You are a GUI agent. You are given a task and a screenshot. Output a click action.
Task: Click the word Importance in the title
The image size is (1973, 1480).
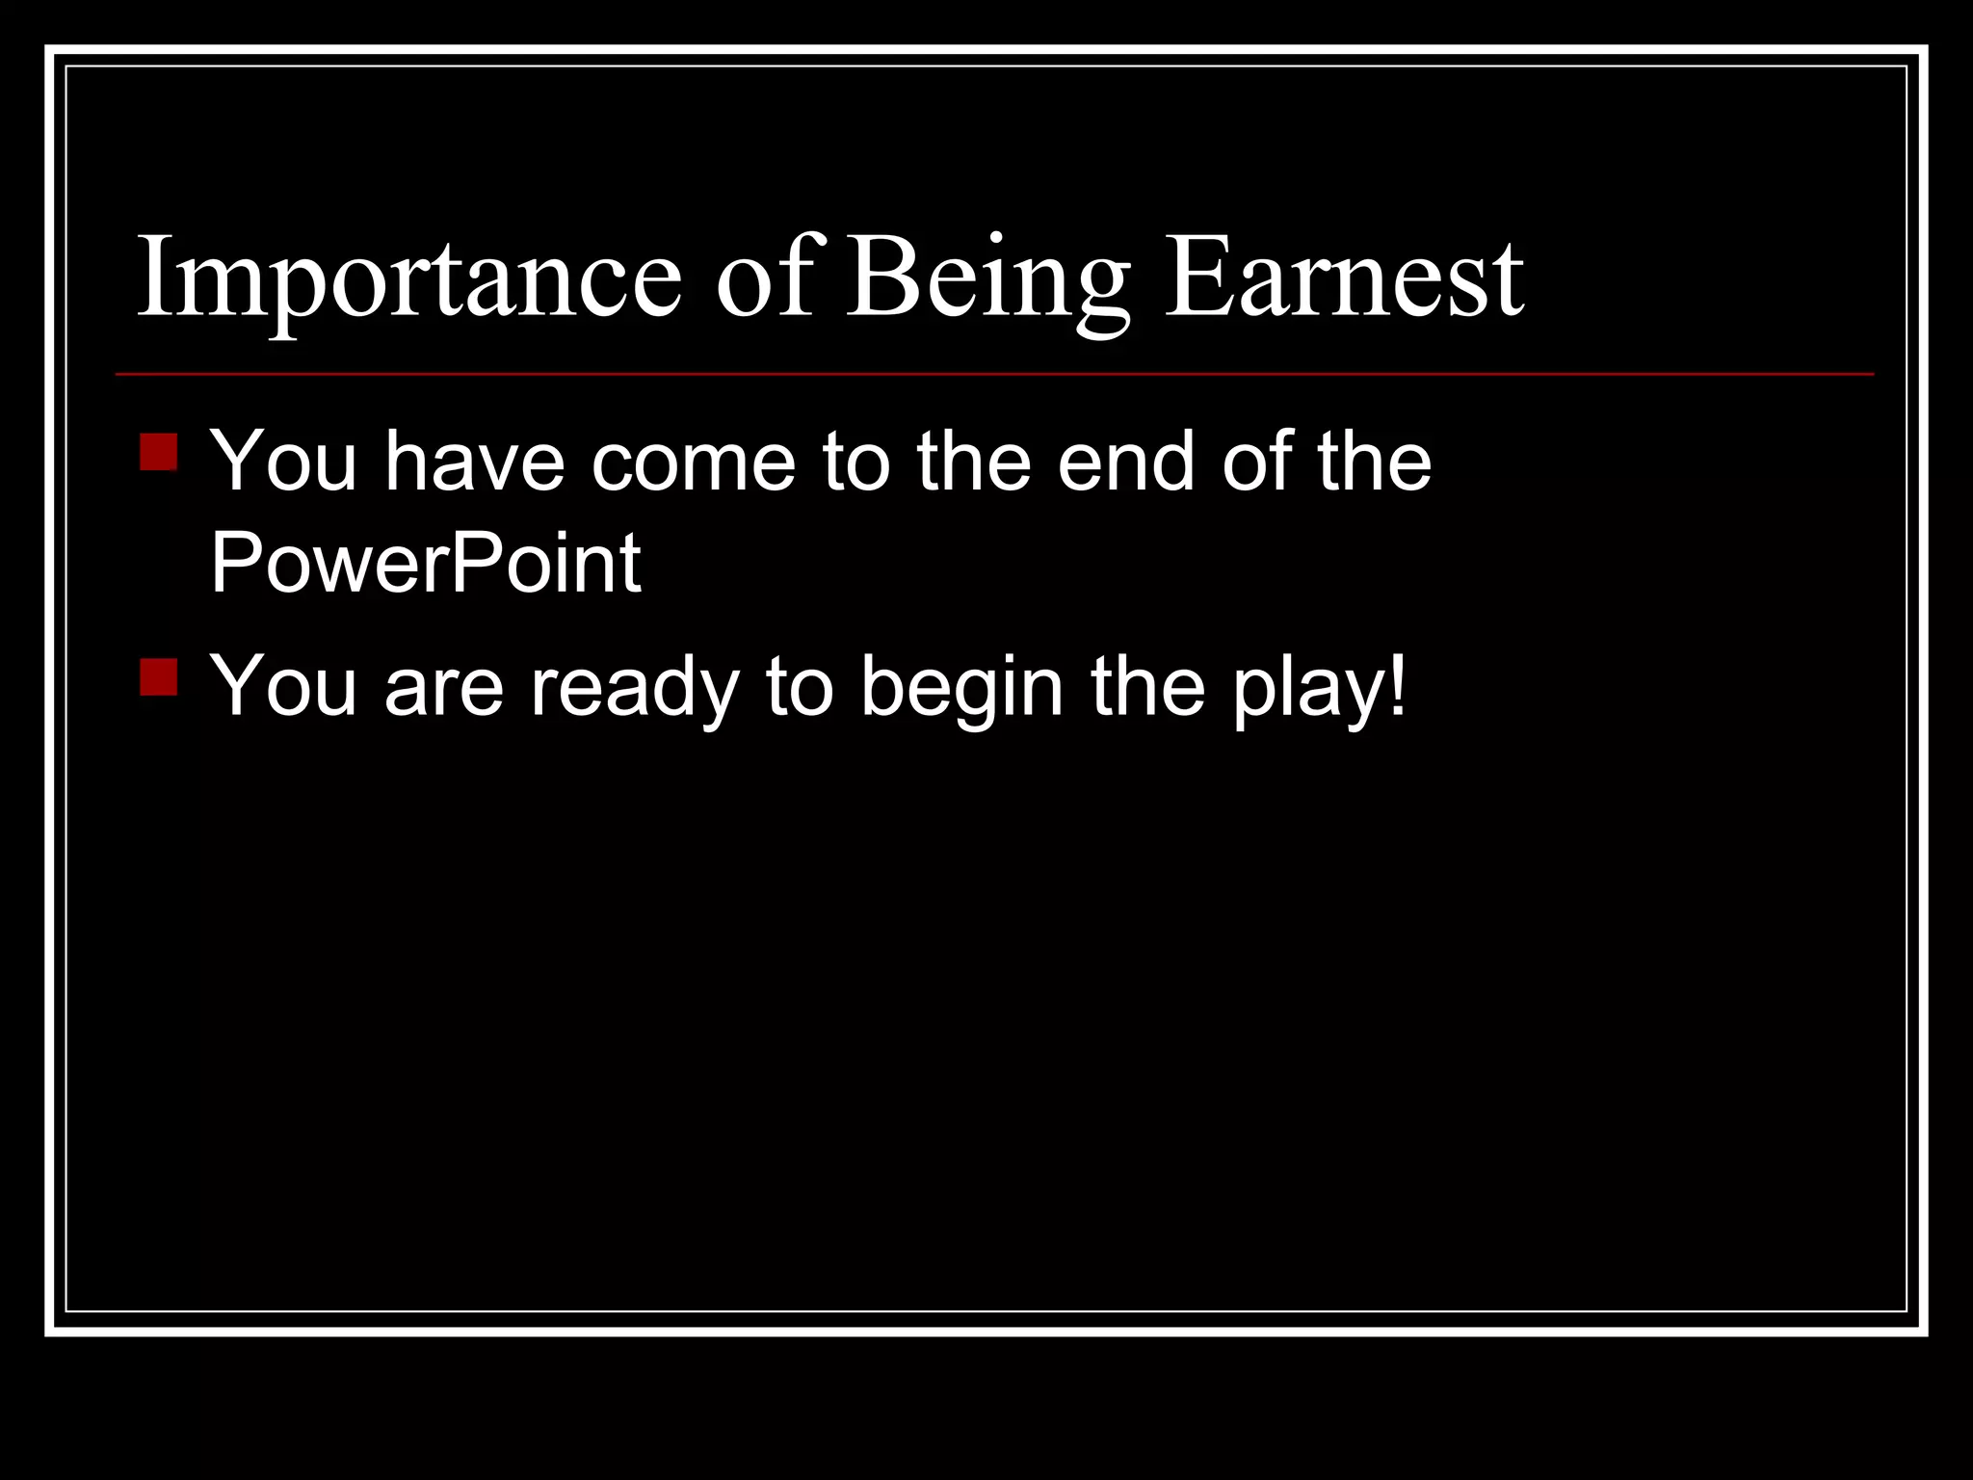point(409,279)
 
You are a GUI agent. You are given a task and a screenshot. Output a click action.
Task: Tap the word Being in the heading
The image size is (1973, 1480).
point(987,279)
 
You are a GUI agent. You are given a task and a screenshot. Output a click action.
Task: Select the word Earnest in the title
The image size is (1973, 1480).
point(1344,279)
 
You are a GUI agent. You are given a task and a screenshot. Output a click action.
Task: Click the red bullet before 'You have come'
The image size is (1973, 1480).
point(158,452)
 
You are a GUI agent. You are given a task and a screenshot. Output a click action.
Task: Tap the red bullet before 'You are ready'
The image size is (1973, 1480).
point(158,676)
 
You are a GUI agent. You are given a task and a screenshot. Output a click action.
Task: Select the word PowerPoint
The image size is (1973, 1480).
point(425,563)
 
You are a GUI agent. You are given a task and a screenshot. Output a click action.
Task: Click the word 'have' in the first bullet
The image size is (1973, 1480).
point(474,462)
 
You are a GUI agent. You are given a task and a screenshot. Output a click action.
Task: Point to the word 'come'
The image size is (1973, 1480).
point(694,462)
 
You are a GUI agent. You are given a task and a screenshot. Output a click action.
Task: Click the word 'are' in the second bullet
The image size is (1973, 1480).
point(444,688)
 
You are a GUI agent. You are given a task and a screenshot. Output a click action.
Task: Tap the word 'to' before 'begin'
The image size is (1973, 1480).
point(799,688)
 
